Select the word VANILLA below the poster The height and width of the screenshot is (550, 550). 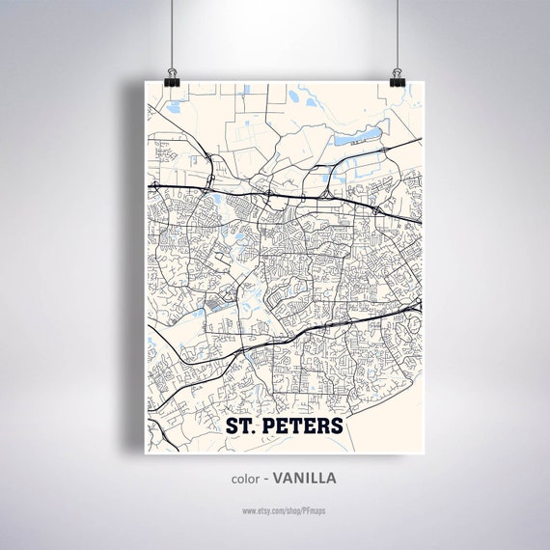click(304, 478)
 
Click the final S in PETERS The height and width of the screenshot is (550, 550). click(335, 426)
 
